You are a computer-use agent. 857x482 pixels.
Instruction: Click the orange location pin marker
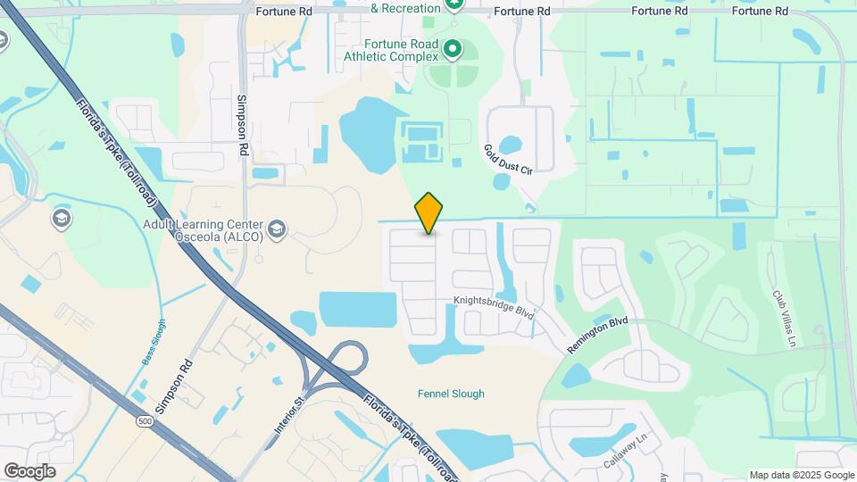(x=429, y=213)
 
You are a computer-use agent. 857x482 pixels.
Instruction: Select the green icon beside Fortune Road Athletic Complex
(x=453, y=48)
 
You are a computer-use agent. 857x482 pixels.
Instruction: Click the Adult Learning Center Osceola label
(x=203, y=231)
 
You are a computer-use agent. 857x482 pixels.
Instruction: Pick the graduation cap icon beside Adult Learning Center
(x=277, y=230)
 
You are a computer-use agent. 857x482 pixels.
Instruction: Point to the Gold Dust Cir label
(x=508, y=159)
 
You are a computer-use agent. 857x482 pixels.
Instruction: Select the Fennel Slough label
(x=452, y=394)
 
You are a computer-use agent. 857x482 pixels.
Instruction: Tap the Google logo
(x=29, y=471)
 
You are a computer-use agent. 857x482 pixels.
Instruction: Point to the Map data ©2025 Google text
(x=801, y=475)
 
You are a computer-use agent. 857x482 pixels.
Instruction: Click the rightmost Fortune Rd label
(x=760, y=12)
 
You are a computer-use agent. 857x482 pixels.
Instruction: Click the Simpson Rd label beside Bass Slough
(x=173, y=386)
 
